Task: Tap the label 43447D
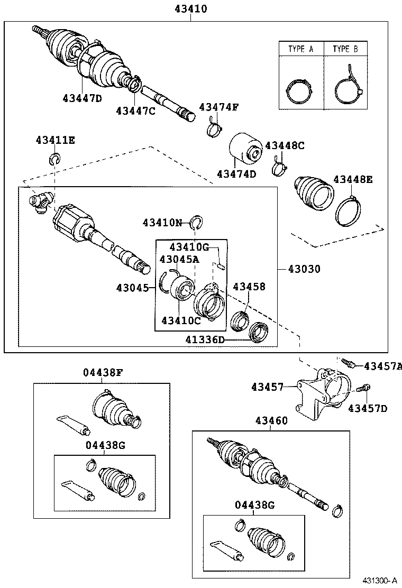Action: (82, 98)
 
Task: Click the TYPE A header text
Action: (301, 49)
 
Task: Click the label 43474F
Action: (218, 107)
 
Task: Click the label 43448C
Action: (285, 145)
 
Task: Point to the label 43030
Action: (304, 269)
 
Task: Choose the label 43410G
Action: (189, 246)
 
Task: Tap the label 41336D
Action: (205, 339)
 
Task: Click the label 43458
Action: (249, 287)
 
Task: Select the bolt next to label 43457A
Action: (348, 363)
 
